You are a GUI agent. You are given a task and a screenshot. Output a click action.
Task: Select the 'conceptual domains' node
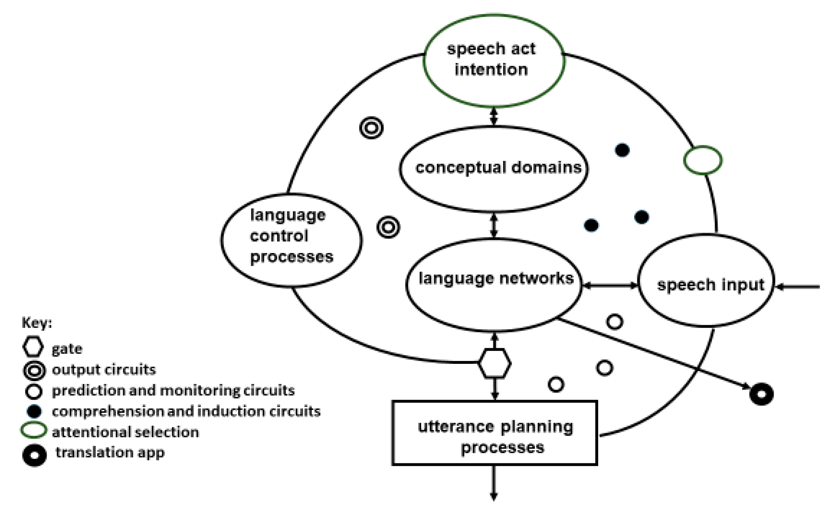click(494, 169)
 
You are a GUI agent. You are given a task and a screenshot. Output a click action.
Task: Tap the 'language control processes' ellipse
click(291, 240)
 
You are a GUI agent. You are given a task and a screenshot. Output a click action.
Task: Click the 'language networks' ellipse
click(494, 285)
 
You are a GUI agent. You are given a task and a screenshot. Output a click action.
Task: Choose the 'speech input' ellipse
click(706, 281)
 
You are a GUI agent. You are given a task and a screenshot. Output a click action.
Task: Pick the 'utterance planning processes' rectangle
click(495, 433)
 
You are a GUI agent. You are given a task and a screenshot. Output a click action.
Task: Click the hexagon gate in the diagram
click(494, 363)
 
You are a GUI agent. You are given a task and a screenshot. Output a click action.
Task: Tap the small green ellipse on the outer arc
click(703, 160)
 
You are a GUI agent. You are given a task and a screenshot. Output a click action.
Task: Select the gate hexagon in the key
click(33, 347)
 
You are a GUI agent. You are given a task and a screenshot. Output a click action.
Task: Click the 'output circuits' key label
click(104, 369)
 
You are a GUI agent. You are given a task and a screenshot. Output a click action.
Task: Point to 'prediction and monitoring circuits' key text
click(173, 391)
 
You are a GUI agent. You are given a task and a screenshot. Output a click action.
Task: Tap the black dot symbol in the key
click(34, 412)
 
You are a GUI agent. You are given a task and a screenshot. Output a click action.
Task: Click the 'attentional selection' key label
click(125, 432)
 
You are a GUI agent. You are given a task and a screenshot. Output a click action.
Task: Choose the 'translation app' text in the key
click(110, 452)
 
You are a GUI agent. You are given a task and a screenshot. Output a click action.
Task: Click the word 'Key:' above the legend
click(37, 323)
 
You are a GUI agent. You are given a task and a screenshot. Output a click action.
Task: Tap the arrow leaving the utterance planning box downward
click(494, 483)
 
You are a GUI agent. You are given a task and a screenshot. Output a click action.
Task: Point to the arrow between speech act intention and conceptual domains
click(494, 117)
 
